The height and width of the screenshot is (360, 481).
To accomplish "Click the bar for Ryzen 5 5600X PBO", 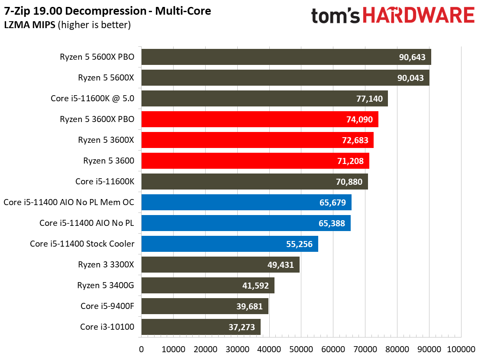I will click(286, 57).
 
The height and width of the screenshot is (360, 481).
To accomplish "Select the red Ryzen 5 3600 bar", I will click(255, 161).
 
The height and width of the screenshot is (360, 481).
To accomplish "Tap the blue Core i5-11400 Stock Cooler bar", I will click(229, 244).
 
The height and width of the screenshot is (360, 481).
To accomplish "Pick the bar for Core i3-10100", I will click(201, 327).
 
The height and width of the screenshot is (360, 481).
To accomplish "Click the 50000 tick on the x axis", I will click(301, 349).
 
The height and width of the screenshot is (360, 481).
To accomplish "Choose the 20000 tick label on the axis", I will click(205, 349).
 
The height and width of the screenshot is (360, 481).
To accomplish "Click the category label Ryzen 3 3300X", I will click(106, 265).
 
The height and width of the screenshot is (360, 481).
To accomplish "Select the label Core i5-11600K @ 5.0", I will click(92, 99).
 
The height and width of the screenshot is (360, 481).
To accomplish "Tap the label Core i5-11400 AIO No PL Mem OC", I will click(69, 202).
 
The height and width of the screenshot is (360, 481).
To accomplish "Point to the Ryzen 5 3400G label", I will click(106, 286).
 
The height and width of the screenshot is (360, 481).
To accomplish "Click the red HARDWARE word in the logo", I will click(418, 16).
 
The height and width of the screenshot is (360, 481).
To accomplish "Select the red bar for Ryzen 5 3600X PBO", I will click(260, 119).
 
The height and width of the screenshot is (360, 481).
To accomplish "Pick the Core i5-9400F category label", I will click(107, 306).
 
